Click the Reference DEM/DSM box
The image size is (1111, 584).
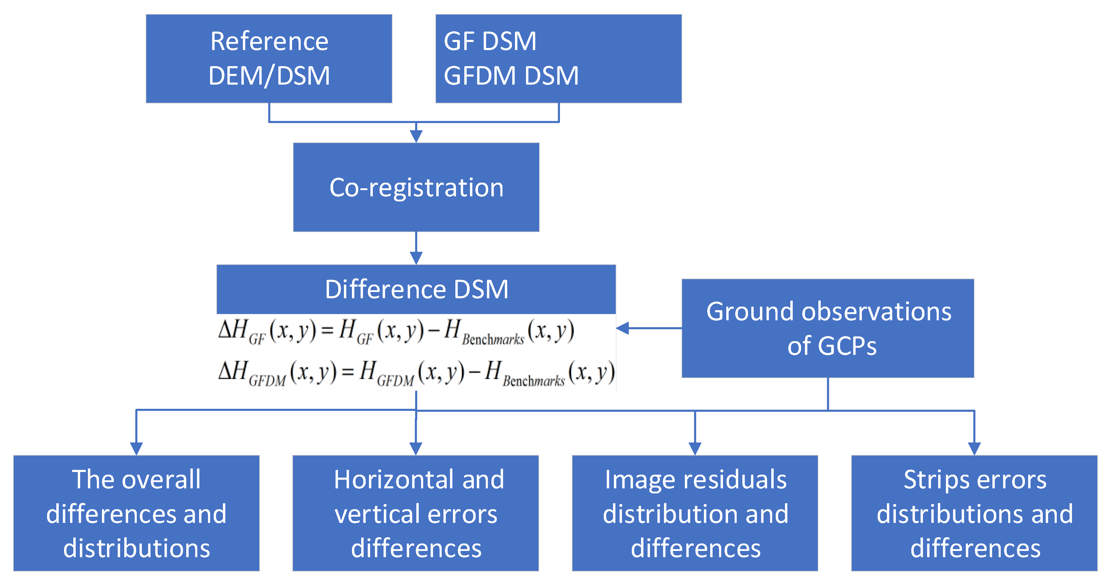click(269, 59)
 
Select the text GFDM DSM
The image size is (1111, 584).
click(510, 76)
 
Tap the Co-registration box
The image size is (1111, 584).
click(416, 187)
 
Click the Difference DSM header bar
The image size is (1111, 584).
click(416, 289)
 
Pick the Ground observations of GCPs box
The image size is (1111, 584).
click(828, 328)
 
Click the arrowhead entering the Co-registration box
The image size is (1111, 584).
click(416, 136)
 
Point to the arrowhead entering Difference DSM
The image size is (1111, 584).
click(416, 258)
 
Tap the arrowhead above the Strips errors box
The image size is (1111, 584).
click(974, 448)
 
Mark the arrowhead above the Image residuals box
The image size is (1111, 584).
click(695, 448)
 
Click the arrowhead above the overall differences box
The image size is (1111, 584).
click(136, 448)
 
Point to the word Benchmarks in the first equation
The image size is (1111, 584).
click(493, 339)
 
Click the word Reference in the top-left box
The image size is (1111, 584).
click(269, 41)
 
